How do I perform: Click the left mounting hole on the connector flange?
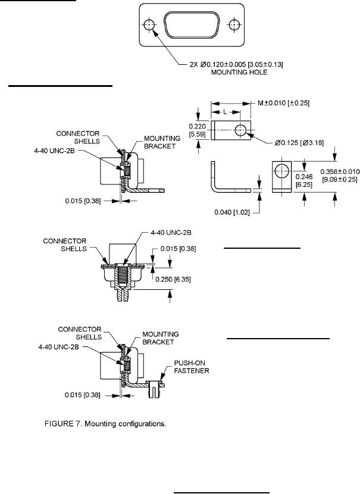tap(149, 25)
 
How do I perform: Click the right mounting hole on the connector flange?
tap(234, 25)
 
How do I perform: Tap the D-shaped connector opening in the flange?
tap(191, 25)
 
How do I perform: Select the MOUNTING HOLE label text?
tap(239, 72)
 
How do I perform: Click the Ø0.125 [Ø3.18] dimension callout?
tap(299, 143)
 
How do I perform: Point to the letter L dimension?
tap(225, 112)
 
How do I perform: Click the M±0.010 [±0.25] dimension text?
tap(283, 103)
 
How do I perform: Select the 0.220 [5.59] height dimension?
tap(197, 130)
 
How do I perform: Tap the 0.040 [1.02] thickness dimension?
tap(232, 212)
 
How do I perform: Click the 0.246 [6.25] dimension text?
tap(304, 181)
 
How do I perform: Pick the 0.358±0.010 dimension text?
tap(340, 171)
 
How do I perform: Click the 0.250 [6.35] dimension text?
tap(173, 280)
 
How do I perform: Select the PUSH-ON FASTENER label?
tap(192, 367)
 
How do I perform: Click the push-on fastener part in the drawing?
tap(154, 388)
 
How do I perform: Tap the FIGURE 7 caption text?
tap(105, 424)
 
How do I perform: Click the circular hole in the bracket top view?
tap(241, 130)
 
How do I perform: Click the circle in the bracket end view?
tap(282, 171)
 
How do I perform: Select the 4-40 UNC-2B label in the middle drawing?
tap(171, 233)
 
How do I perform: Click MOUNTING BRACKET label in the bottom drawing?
tap(160, 338)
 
